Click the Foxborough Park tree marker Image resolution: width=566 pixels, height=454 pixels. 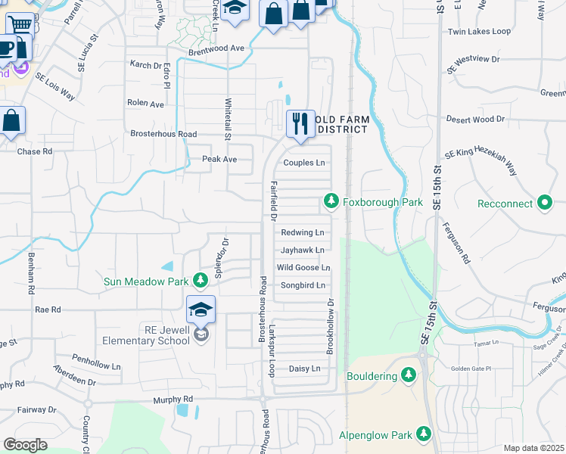point(331,202)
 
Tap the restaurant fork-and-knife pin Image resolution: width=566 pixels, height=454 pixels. point(300,122)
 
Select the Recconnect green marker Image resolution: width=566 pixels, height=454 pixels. point(545,203)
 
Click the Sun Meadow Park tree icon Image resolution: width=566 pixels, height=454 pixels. point(200,281)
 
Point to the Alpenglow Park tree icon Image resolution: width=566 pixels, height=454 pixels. point(425,434)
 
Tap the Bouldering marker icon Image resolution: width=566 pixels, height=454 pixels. point(409,375)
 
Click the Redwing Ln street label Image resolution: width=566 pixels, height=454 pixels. point(302,232)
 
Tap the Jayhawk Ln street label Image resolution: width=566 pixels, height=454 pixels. point(302,250)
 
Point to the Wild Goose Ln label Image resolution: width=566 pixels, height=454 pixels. point(303,268)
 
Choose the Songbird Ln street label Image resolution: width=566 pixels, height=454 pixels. point(303,285)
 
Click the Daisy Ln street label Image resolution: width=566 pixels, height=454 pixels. point(305,368)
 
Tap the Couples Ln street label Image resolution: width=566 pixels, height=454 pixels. point(303,163)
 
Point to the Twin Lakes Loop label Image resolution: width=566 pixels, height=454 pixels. point(479,32)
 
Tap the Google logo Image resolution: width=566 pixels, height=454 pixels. point(25,444)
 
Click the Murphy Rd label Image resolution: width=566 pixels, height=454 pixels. point(173,399)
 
